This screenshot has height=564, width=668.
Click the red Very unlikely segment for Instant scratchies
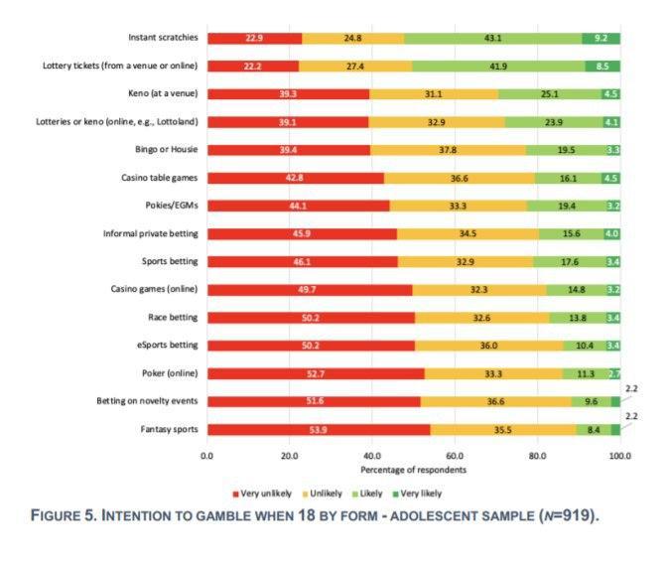click(254, 39)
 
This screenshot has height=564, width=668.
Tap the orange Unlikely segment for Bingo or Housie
click(449, 150)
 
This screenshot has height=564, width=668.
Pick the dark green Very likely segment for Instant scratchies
click(601, 39)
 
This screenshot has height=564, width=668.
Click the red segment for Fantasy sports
click(319, 429)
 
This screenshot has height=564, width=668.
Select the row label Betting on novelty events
click(148, 401)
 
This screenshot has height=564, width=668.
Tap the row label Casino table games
click(158, 178)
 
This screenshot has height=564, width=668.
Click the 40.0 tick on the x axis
click(372, 456)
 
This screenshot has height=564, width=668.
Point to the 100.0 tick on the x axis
click(619, 456)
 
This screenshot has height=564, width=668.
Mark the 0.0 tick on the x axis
click(207, 456)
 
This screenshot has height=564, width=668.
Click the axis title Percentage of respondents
click(413, 470)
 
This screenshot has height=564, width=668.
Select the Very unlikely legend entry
click(265, 493)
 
